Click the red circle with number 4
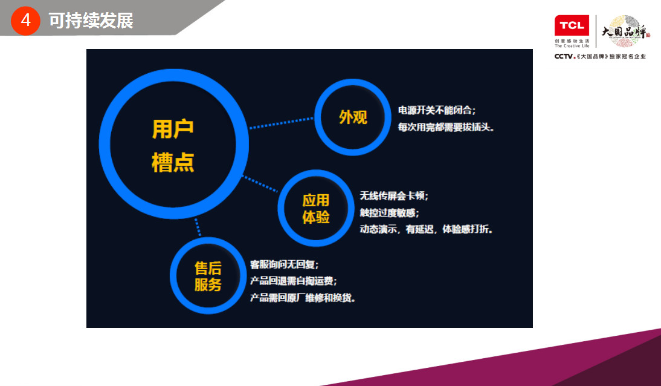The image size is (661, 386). click(25, 21)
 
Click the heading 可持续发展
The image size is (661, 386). click(91, 21)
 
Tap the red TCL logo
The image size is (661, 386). click(572, 25)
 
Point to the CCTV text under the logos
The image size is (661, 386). click(565, 56)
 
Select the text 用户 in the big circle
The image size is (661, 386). click(173, 129)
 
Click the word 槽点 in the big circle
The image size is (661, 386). click(173, 162)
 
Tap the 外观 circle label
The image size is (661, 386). click(353, 117)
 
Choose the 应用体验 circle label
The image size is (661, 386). click(316, 209)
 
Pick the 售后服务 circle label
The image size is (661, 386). click(208, 276)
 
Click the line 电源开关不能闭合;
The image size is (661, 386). click(437, 110)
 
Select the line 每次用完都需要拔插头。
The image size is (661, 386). click(446, 127)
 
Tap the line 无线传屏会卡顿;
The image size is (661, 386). click(394, 195)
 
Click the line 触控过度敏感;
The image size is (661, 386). click(389, 212)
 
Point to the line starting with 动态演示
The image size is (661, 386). click(426, 229)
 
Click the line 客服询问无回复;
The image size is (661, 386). click(284, 264)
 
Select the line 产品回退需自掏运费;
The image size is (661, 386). click(294, 281)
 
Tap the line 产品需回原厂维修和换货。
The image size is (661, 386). click(303, 298)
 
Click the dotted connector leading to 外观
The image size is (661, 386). click(282, 123)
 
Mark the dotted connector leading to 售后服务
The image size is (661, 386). click(198, 227)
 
